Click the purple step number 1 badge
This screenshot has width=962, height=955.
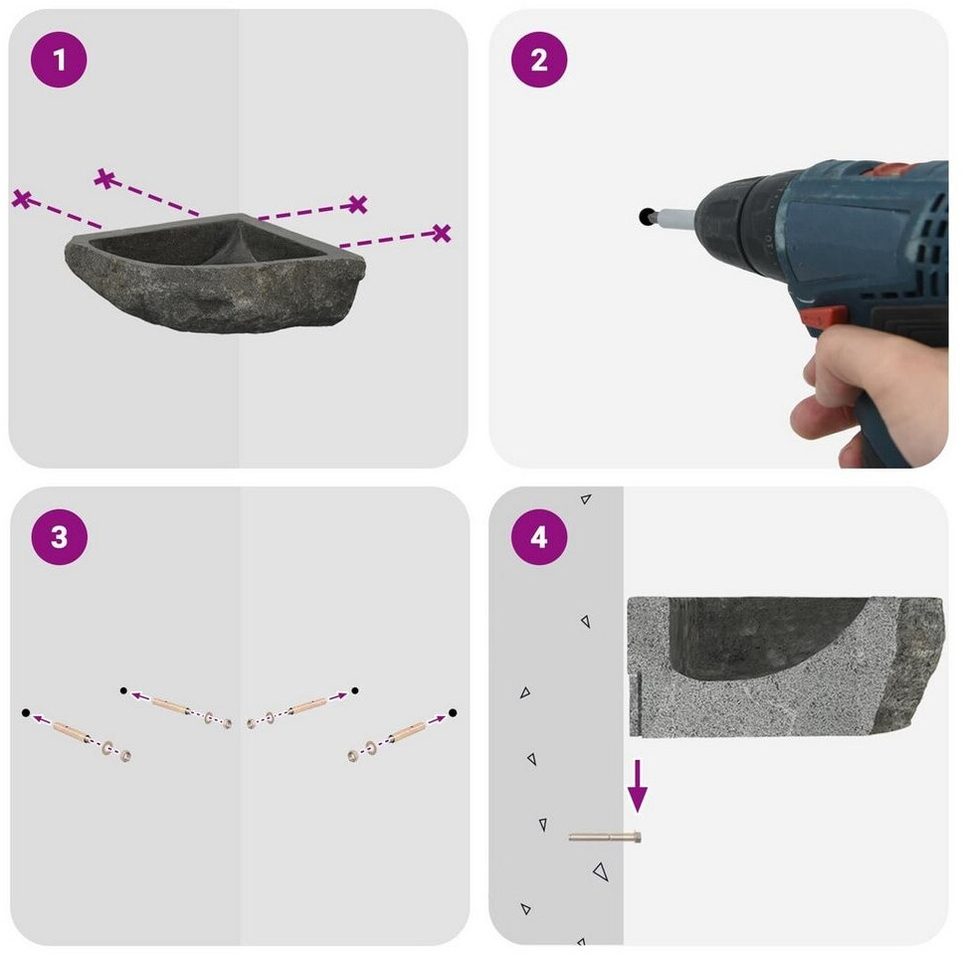[x=59, y=60]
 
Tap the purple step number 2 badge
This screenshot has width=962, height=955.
[x=539, y=60]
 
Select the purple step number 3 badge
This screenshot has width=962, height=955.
[x=59, y=536]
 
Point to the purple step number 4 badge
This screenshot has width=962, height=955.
[x=539, y=536]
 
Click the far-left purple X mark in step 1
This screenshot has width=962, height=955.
[x=22, y=199]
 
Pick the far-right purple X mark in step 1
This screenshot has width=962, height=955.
[x=441, y=233]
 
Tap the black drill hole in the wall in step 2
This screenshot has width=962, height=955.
[x=646, y=216]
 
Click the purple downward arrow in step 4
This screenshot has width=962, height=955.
[x=638, y=786]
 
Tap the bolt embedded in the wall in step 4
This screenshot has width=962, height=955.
[x=605, y=837]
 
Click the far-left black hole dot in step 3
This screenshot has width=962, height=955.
[x=25, y=712]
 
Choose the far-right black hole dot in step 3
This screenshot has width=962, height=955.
[x=453, y=712]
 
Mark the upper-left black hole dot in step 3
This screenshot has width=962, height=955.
[x=123, y=690]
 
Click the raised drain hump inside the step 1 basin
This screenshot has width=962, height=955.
[x=236, y=247]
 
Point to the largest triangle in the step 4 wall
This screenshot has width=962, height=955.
[x=601, y=871]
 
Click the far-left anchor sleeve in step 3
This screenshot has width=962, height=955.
[x=73, y=731]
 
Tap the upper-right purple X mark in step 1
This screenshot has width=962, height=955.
[x=358, y=204]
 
